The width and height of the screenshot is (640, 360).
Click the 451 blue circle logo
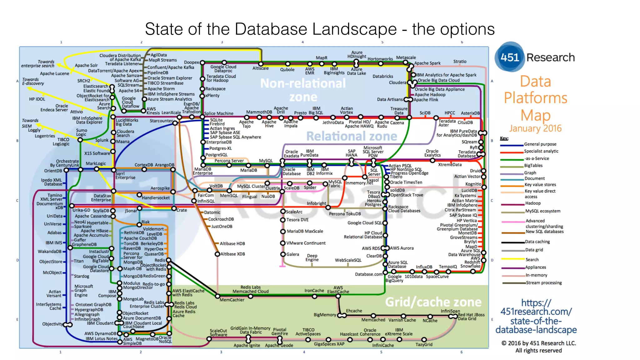coord(510,57)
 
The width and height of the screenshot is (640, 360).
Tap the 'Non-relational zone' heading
coord(303,90)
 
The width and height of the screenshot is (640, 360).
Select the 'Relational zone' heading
coord(352,136)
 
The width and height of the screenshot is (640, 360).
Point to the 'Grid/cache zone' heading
coord(433,302)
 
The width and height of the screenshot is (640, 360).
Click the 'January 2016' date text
coord(535,128)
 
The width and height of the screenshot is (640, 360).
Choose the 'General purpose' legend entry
coord(540,144)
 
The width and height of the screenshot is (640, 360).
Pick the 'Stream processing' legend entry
coord(544,283)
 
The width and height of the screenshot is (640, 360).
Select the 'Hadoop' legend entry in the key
coord(533,203)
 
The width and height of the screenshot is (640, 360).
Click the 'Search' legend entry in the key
coord(532,259)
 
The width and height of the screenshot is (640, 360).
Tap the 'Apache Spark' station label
coord(427,63)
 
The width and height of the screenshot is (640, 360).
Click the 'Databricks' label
coord(383,76)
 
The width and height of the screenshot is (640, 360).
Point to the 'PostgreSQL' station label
coord(217,155)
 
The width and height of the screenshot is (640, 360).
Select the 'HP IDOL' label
coord(37,99)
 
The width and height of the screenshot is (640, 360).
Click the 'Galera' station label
coord(293,254)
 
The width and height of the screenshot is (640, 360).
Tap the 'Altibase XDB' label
coord(233,254)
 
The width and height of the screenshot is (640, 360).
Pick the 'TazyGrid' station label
coord(424,344)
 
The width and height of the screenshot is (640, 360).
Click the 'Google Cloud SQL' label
coord(365,223)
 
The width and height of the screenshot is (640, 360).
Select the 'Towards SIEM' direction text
coord(30,123)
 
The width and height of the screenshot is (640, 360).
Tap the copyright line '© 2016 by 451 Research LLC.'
coord(539,343)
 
